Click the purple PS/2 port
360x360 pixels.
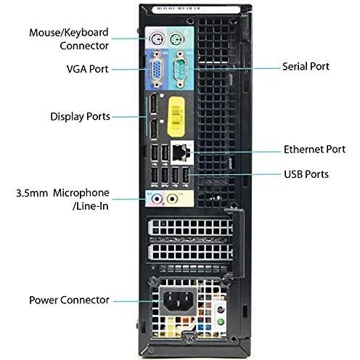(156, 39)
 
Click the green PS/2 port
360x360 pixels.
(176, 39)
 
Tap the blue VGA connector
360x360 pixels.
(157, 69)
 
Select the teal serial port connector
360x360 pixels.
(180, 69)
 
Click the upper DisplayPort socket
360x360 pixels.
(153, 104)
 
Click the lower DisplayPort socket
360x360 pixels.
(153, 129)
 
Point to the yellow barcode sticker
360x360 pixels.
(176, 117)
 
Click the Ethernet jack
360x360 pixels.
(180, 152)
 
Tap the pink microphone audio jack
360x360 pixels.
(157, 199)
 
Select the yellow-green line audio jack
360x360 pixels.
(172, 199)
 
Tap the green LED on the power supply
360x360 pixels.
(220, 322)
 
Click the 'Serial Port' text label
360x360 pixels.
(306, 67)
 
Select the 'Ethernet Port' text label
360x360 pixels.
(314, 150)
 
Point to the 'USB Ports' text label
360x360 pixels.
(306, 174)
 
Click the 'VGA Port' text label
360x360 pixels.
(87, 69)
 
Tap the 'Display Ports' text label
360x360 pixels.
(80, 117)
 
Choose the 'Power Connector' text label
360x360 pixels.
(69, 300)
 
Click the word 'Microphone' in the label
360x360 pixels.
(81, 193)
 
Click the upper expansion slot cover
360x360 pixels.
(191, 227)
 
